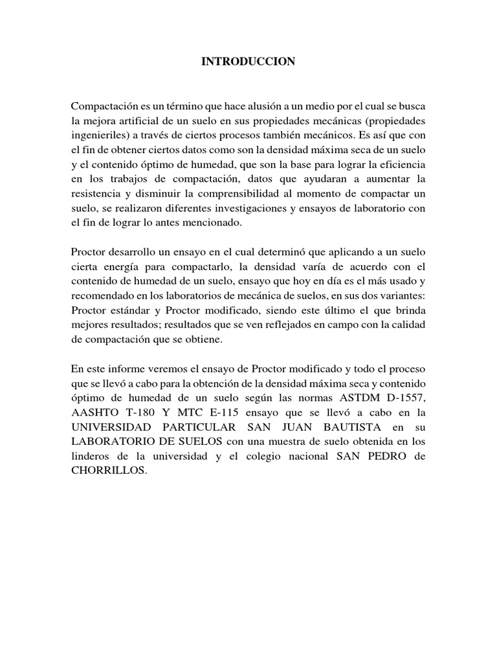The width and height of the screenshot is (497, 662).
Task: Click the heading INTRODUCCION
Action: coord(248,62)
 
